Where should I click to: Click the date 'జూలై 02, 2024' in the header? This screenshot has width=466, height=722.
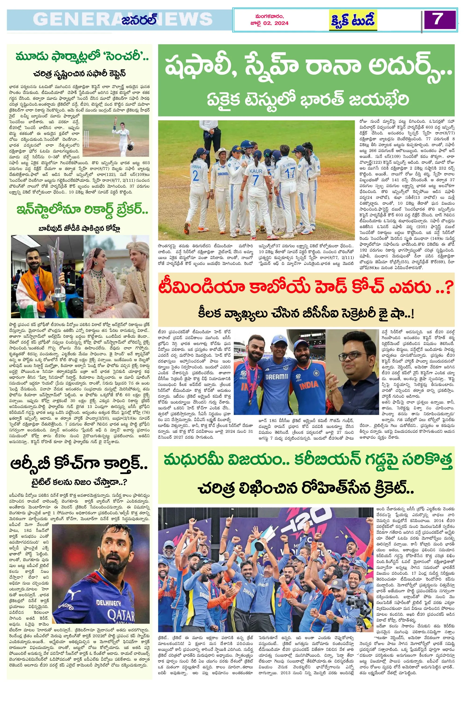click(x=269, y=23)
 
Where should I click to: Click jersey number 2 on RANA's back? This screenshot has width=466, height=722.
click(x=195, y=176)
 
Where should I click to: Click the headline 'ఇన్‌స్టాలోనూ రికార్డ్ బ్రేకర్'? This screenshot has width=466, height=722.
click(x=79, y=210)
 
